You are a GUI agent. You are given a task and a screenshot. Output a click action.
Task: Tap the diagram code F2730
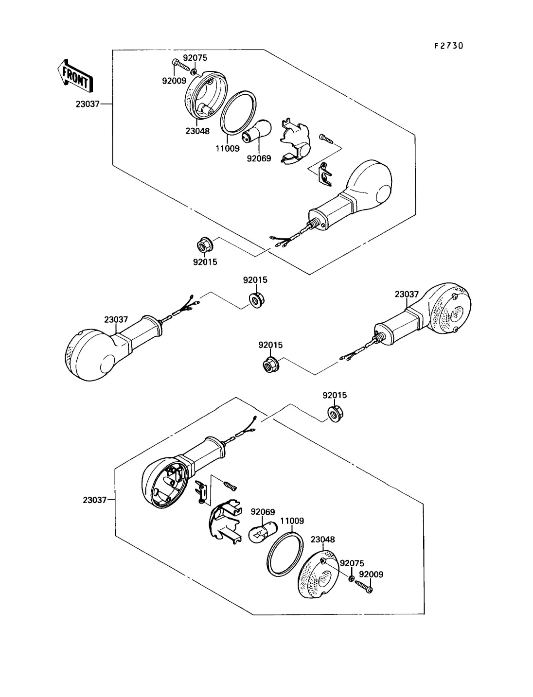449,46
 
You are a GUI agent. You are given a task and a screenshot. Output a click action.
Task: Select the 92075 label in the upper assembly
195,58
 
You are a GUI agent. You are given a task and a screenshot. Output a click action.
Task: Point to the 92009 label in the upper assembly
174,81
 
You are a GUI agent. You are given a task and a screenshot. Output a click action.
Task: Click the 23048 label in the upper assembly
197,131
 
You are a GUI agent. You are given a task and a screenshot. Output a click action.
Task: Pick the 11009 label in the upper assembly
228,148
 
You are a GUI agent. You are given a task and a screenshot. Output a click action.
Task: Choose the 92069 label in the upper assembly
259,158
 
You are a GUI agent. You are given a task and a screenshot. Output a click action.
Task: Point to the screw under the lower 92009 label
364,587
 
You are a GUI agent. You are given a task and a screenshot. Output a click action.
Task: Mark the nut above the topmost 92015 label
204,246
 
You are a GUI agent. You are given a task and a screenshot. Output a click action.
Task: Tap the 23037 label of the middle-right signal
407,295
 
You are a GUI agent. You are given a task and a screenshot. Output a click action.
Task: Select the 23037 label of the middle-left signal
116,319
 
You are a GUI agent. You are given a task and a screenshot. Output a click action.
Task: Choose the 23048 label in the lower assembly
323,539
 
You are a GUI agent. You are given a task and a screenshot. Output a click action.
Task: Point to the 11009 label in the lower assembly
292,521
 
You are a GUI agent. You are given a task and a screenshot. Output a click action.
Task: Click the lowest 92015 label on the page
335,395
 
